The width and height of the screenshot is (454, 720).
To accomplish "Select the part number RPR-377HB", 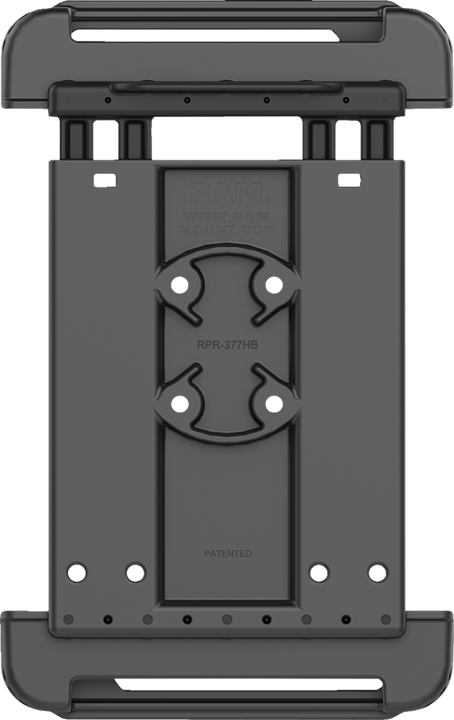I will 227,346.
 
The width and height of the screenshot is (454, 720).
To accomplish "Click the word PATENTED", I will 228,554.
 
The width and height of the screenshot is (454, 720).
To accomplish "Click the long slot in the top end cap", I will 226,34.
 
